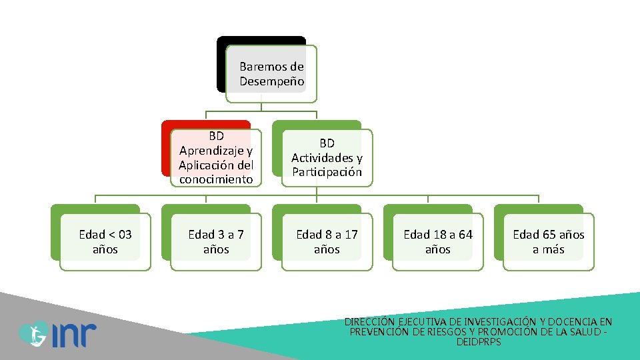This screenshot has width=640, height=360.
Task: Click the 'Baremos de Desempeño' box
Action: pos(271,74)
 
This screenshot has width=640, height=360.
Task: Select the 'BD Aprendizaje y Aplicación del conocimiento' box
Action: pos(216,158)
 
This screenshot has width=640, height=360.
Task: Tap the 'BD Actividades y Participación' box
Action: pos(327,158)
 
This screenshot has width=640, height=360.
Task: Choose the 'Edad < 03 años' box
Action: pos(105,241)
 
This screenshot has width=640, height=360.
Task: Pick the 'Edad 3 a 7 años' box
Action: pos(216,241)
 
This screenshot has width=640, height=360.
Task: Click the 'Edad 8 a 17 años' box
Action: pos(327,241)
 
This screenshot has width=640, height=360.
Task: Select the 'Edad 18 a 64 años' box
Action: pos(437,241)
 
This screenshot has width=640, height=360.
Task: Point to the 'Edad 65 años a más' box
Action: pos(548,241)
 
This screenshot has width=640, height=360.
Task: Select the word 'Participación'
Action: pos(327,172)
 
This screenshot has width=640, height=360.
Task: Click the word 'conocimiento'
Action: pos(216,179)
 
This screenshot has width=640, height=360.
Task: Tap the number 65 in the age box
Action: pos(547,235)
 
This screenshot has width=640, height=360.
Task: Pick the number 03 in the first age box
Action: pos(123,235)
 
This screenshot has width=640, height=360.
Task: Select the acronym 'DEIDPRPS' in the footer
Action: pos(479,342)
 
